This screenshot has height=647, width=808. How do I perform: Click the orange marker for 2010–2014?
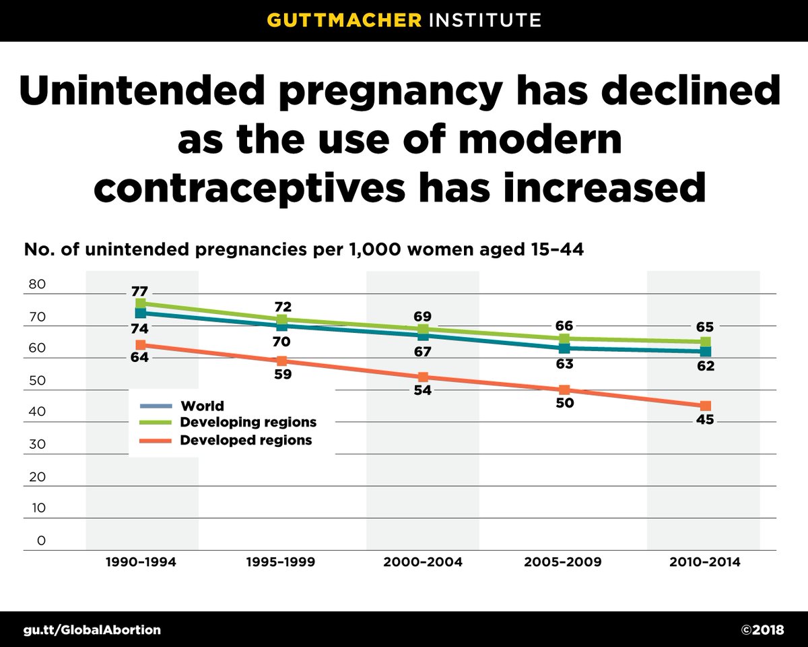coord(705,406)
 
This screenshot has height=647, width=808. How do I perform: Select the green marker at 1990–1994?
coord(141,304)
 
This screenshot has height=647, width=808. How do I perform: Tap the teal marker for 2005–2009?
coord(564,348)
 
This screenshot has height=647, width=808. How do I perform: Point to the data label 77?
coord(140,292)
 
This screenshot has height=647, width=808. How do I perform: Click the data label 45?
coord(705,420)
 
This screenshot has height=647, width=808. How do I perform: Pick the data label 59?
coord(282,375)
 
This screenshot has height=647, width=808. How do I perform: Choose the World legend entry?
coord(202,406)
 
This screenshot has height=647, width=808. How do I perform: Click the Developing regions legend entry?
coord(248,423)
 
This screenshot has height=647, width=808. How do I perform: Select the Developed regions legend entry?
coord(246,440)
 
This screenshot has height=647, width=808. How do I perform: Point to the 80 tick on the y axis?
coord(37,284)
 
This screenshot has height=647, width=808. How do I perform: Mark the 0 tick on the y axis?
coord(41,541)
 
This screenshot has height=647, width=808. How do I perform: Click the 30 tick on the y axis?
coord(37,445)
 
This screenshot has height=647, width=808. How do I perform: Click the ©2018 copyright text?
coord(762,630)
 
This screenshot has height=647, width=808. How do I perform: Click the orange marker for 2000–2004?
coord(423,377)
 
